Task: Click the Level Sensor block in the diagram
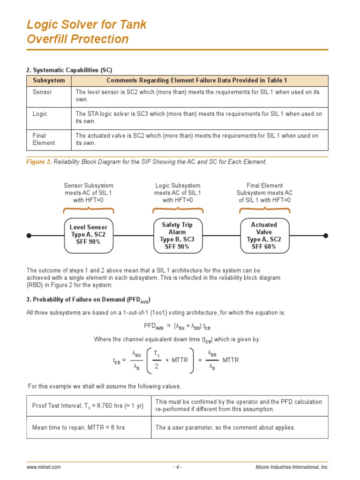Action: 89,235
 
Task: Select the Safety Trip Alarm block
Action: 177,235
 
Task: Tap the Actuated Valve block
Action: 264,235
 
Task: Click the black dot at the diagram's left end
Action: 29,235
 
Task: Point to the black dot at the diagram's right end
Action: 326,235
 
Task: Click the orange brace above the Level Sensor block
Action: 89,210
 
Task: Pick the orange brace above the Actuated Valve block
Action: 264,210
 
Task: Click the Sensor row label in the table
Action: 42,92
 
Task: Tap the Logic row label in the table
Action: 40,114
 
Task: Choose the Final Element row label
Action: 44,139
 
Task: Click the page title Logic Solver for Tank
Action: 87,24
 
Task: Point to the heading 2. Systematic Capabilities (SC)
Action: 69,70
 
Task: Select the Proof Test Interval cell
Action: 88,405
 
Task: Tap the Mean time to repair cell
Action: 78,427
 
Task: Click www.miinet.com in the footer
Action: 44,467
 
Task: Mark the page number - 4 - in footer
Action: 177,467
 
